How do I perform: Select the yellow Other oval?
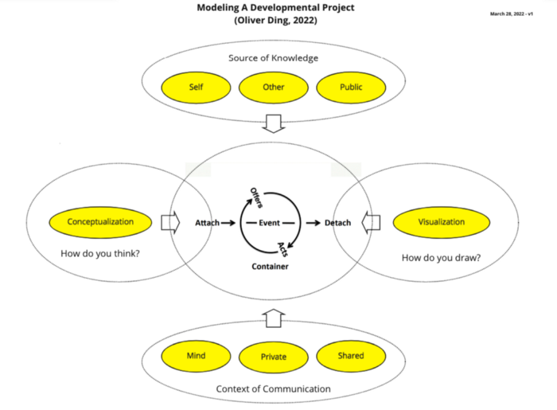(273, 87)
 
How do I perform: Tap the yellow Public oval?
(351, 87)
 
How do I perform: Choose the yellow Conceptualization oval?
(100, 222)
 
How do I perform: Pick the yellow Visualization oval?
(441, 222)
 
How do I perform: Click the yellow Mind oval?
(197, 356)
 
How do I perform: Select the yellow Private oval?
(274, 357)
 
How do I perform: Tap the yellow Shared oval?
(351, 356)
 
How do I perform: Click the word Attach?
(207, 223)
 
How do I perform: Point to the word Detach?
(337, 223)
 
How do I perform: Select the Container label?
(271, 266)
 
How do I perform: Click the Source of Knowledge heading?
(273, 58)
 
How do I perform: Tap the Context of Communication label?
(273, 389)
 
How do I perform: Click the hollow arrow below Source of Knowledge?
(273, 123)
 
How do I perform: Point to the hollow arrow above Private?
(273, 319)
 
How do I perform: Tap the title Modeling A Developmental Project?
(275, 8)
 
